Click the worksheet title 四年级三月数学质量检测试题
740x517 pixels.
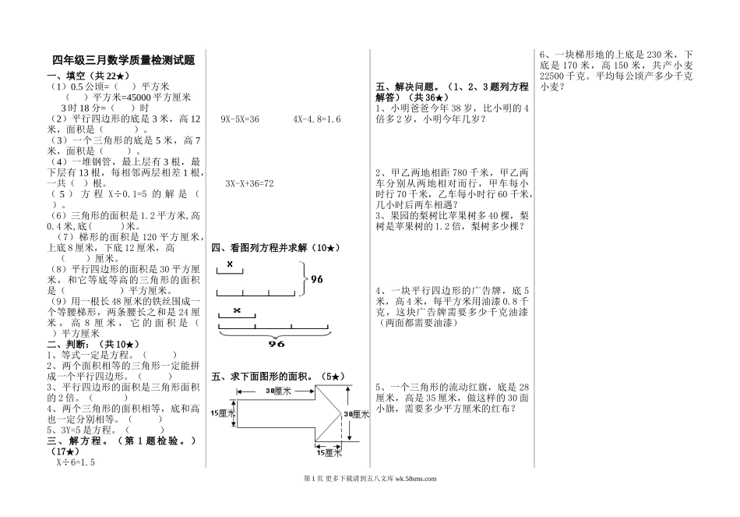(x=123, y=60)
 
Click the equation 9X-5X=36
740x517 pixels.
(x=240, y=119)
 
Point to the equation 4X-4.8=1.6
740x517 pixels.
(x=316, y=119)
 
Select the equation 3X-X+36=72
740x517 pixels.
(x=249, y=183)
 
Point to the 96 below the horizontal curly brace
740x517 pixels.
(x=255, y=343)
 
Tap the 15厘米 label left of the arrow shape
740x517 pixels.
(x=223, y=413)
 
